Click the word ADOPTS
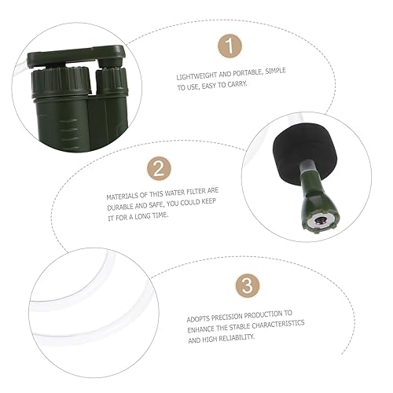coord(198,312)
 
